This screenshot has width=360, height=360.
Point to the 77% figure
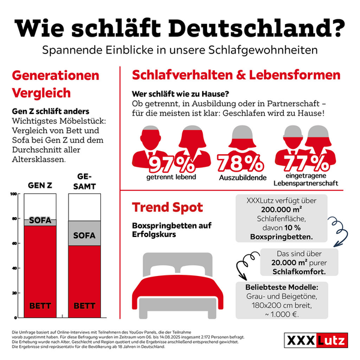click(x=302, y=163)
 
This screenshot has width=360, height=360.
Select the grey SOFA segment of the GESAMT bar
click(x=84, y=235)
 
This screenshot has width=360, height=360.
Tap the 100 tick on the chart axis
click(x=13, y=194)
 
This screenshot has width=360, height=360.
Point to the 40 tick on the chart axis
click(x=13, y=268)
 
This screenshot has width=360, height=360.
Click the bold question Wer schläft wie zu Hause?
click(x=180, y=94)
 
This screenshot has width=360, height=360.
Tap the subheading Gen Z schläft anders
click(x=51, y=112)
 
